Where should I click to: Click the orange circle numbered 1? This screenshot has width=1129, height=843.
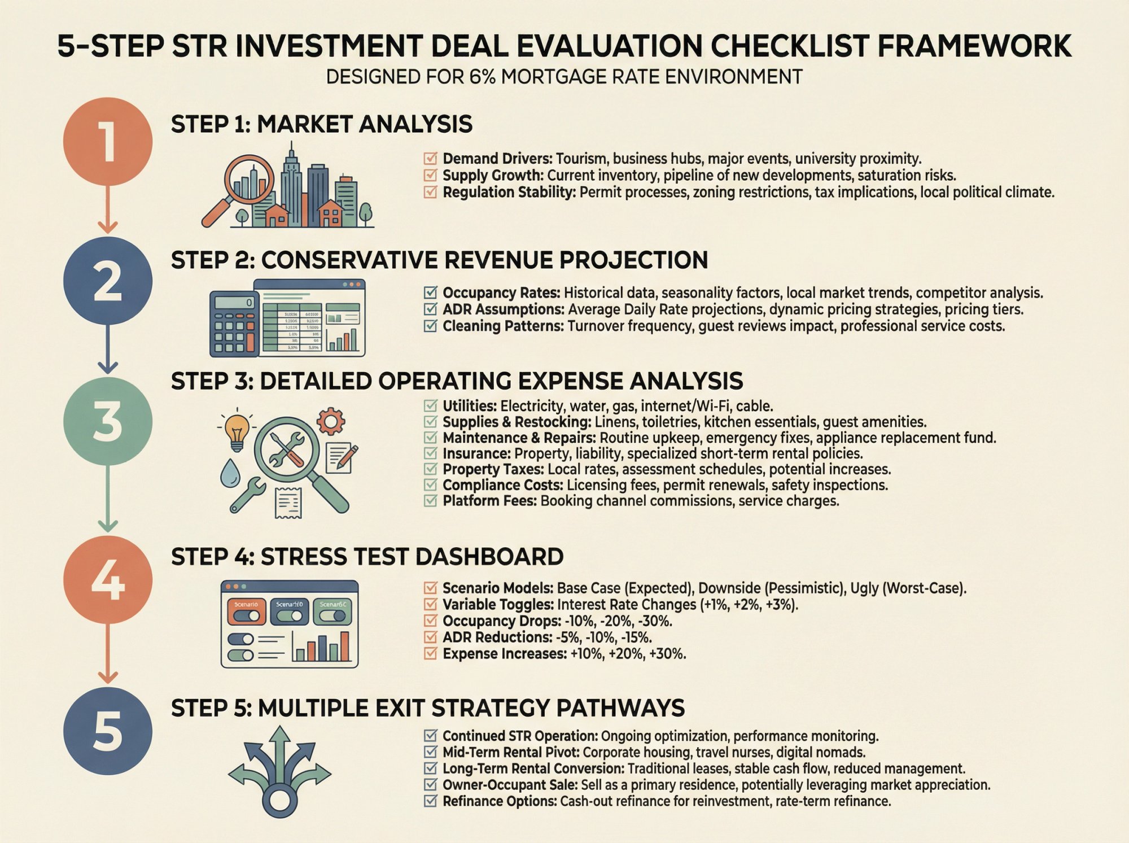pyautogui.click(x=107, y=141)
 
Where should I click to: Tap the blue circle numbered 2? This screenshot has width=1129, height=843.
pyautogui.click(x=107, y=281)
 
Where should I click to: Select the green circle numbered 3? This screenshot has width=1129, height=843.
pyautogui.click(x=107, y=422)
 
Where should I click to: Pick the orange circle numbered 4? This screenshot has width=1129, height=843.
pyautogui.click(x=107, y=580)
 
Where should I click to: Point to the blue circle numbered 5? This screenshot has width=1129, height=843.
pyautogui.click(x=107, y=731)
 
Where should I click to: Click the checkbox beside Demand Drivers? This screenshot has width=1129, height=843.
pyautogui.click(x=430, y=159)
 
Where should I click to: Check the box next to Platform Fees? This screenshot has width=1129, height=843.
pyautogui.click(x=430, y=501)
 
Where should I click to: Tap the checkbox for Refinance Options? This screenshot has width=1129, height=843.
pyautogui.click(x=430, y=801)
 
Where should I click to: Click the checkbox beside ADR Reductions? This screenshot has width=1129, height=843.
pyautogui.click(x=430, y=637)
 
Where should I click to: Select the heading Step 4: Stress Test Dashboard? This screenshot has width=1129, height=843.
pyautogui.click(x=367, y=557)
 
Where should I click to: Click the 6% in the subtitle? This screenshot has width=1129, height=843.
pyautogui.click(x=482, y=77)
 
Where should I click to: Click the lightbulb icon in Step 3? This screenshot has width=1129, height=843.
pyautogui.click(x=237, y=430)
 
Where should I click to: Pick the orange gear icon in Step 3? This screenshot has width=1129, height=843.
pyautogui.click(x=331, y=421)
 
